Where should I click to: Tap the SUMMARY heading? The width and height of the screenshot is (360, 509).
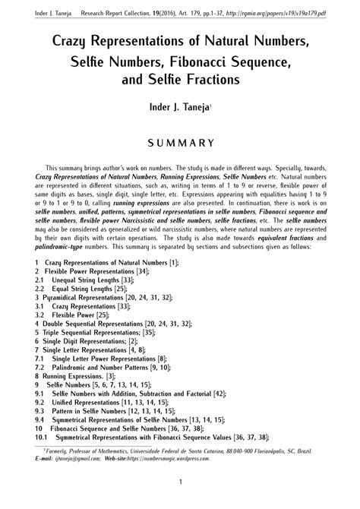pyautogui.click(x=180, y=142)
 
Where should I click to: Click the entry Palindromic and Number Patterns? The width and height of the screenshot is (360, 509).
pyautogui.click(x=99, y=364)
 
